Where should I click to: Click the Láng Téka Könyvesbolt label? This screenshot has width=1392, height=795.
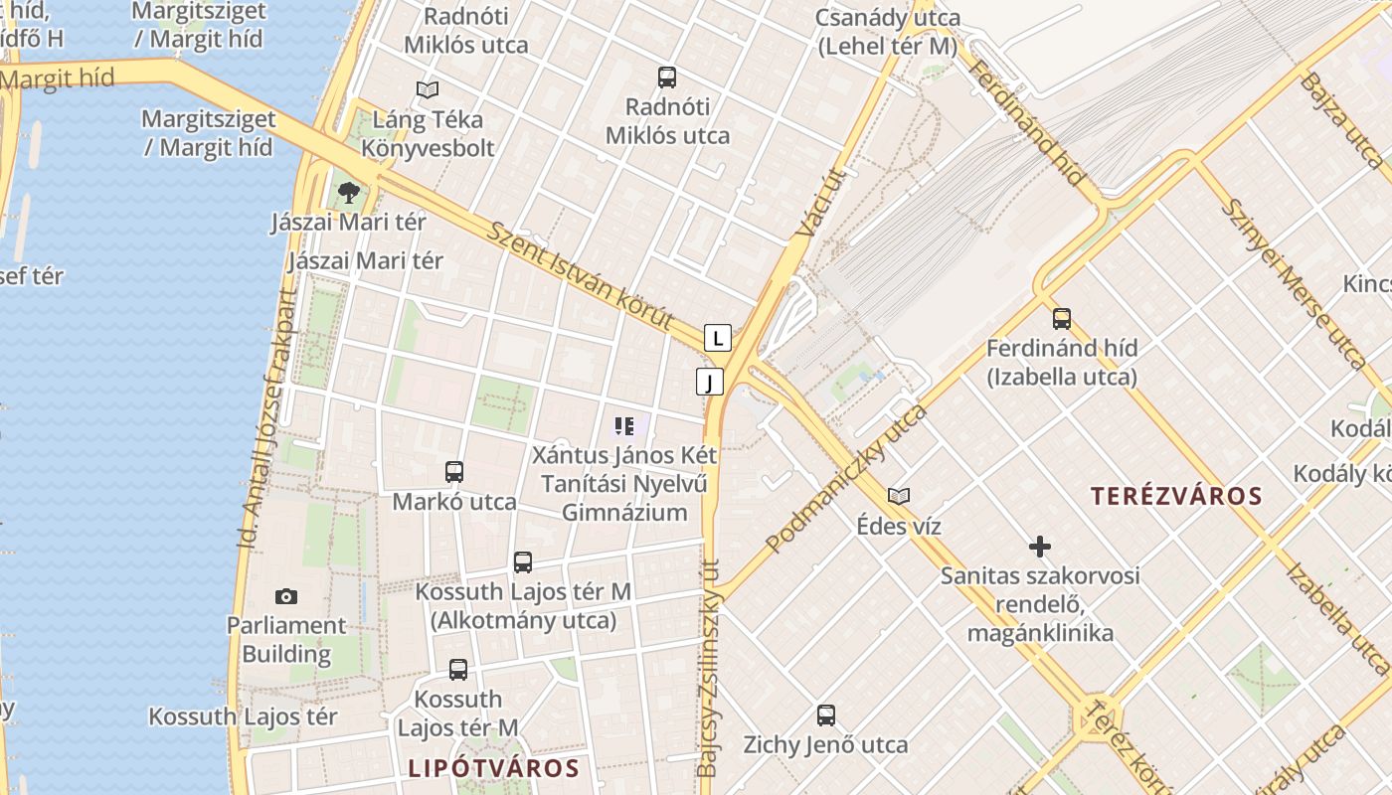point(428,134)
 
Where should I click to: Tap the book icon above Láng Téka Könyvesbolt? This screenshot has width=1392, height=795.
point(428,90)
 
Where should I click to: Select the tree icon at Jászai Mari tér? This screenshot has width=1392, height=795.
point(348,193)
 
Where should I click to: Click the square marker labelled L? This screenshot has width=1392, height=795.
point(718,338)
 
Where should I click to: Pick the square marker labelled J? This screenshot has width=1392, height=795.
point(709,382)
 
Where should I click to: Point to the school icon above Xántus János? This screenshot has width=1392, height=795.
point(624,427)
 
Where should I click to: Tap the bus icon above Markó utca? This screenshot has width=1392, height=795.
point(454,472)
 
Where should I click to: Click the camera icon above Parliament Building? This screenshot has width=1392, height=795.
point(286,596)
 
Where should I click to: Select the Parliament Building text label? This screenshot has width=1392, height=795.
point(286,640)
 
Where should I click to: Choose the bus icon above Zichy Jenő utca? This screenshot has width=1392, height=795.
point(826,715)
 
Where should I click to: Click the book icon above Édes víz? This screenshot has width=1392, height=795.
point(899,496)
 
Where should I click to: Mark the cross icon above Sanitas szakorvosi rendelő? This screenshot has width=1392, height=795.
point(1040,547)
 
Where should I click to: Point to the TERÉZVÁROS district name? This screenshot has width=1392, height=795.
point(1176,496)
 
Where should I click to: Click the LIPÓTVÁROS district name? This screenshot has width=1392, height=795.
point(493,768)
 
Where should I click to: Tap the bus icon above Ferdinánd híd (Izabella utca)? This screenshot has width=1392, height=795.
point(1062,319)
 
